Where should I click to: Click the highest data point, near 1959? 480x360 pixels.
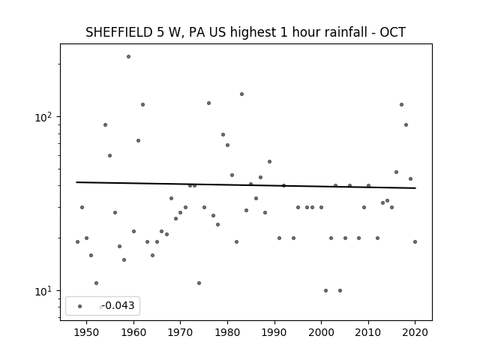[x=128, y=57]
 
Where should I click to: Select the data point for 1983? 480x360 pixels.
[x=241, y=94]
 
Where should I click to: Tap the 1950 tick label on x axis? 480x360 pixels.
[x=87, y=332]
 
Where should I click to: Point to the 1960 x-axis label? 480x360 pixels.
[x=133, y=332]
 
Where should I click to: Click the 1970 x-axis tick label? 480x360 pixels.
[x=180, y=332]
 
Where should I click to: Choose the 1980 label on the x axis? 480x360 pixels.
[x=227, y=332]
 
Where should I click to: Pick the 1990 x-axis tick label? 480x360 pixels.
[x=274, y=332]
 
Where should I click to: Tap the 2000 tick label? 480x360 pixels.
[x=321, y=332]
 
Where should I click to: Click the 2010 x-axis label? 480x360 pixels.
[x=368, y=332]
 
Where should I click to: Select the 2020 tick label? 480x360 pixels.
[x=415, y=332]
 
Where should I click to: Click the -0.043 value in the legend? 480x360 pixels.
[x=118, y=305]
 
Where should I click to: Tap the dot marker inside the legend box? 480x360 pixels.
[x=80, y=306]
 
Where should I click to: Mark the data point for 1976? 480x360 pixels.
[x=208, y=103]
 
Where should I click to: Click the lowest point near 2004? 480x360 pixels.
[x=340, y=290]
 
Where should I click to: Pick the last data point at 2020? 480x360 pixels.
[x=415, y=241]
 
